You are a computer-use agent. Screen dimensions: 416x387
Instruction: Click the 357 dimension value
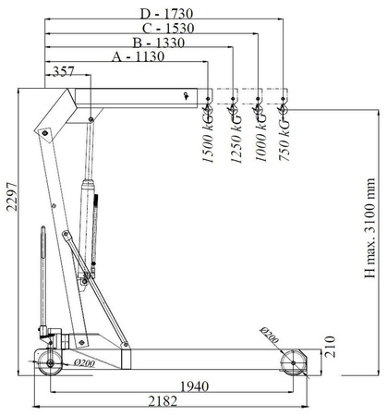(x=65, y=70)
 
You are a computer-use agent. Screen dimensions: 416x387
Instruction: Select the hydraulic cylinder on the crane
(x=91, y=203)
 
